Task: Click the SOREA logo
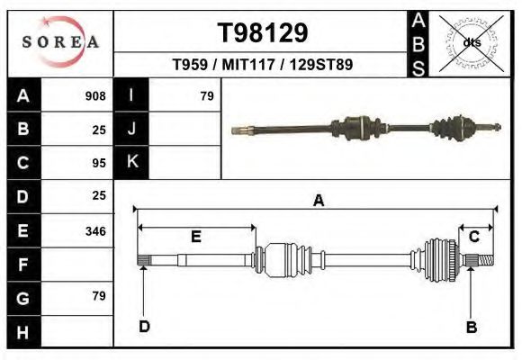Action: (60, 41)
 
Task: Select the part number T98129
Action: (263, 33)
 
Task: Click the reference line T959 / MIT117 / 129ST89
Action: (262, 65)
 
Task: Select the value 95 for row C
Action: (98, 163)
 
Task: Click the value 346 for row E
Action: (94, 231)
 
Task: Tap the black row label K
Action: (131, 163)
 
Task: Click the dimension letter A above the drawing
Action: (318, 201)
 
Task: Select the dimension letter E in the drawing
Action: (195, 237)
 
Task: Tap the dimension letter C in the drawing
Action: (473, 236)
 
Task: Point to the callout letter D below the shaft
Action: (144, 326)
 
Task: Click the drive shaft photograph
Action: (364, 129)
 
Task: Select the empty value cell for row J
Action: (184, 129)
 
